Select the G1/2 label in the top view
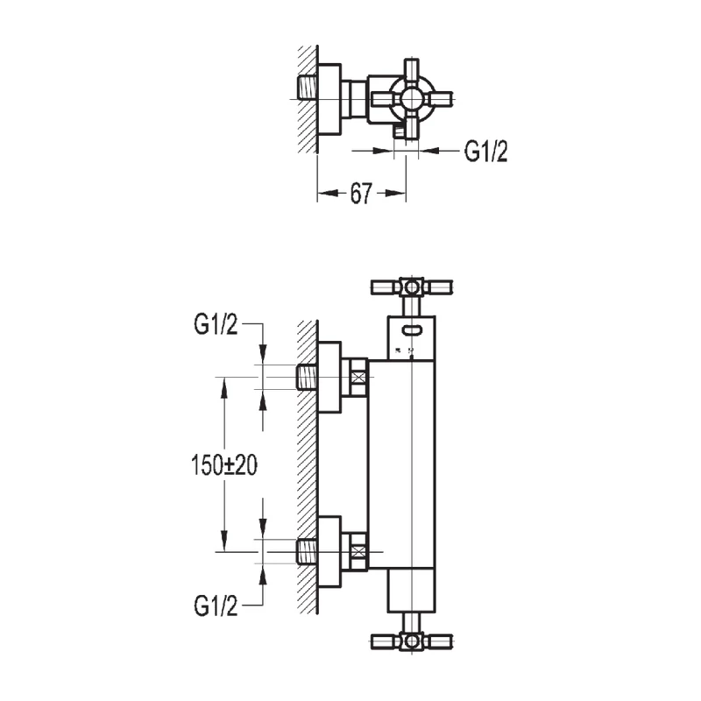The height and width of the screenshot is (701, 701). tap(485, 152)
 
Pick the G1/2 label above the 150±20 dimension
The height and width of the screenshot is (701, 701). tap(216, 325)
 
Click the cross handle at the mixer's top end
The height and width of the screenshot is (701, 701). tap(412, 287)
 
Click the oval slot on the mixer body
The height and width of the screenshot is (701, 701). tap(411, 331)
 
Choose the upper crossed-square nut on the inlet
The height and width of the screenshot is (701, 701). tap(358, 378)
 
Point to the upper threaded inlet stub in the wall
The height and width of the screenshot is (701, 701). tap(308, 378)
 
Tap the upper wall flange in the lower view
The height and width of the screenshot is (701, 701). tap(328, 378)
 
